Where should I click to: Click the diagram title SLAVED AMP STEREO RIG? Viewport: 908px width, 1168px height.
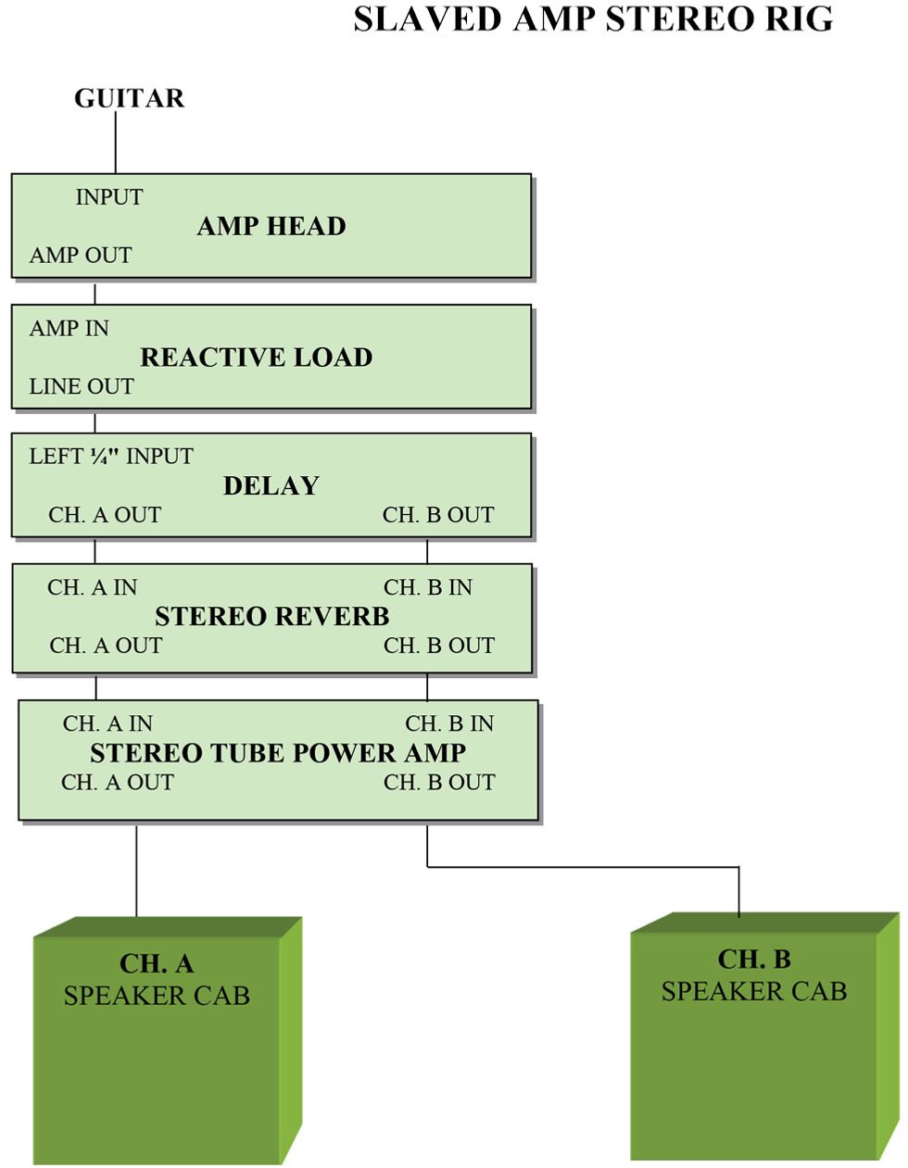point(593,19)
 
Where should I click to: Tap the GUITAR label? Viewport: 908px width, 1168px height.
point(129,98)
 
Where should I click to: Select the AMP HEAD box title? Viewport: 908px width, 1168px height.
point(271,226)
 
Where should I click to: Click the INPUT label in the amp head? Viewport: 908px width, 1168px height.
point(109,197)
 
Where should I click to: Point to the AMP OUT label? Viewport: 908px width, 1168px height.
point(81,256)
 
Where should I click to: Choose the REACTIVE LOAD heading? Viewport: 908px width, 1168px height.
point(257,358)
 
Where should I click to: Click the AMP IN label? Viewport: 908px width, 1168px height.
point(69,329)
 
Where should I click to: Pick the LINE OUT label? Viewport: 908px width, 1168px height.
point(82,387)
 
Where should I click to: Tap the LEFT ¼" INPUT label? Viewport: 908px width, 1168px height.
point(111,457)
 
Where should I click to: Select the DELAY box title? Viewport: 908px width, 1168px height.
point(271,486)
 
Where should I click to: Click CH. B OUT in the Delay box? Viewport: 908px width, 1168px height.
point(438,515)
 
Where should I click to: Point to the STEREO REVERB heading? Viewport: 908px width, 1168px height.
point(272,617)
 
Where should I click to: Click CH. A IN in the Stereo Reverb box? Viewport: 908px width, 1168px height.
point(93,588)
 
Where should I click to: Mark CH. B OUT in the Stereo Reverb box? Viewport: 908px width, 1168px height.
point(439,646)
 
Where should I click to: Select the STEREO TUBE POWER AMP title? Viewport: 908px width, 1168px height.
point(278,753)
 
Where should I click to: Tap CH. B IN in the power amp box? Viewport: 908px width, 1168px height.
point(449,724)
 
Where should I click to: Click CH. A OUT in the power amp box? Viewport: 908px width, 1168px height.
point(118,783)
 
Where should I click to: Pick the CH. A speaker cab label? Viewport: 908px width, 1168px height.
point(157,980)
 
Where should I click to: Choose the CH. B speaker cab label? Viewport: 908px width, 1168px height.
point(754,975)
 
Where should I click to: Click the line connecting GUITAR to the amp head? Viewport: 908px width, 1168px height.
point(116,144)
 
